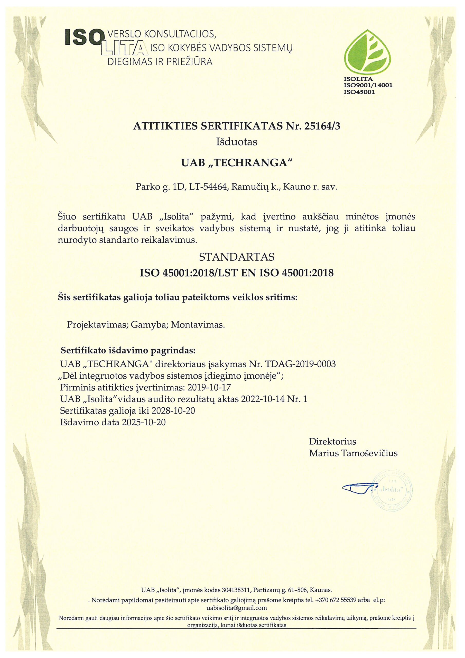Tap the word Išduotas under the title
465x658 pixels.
coord(236,142)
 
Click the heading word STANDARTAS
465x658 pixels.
coord(237,257)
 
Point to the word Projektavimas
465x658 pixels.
coord(97,325)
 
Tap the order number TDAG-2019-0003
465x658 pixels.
coord(301,364)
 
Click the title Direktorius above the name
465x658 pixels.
coord(332,441)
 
